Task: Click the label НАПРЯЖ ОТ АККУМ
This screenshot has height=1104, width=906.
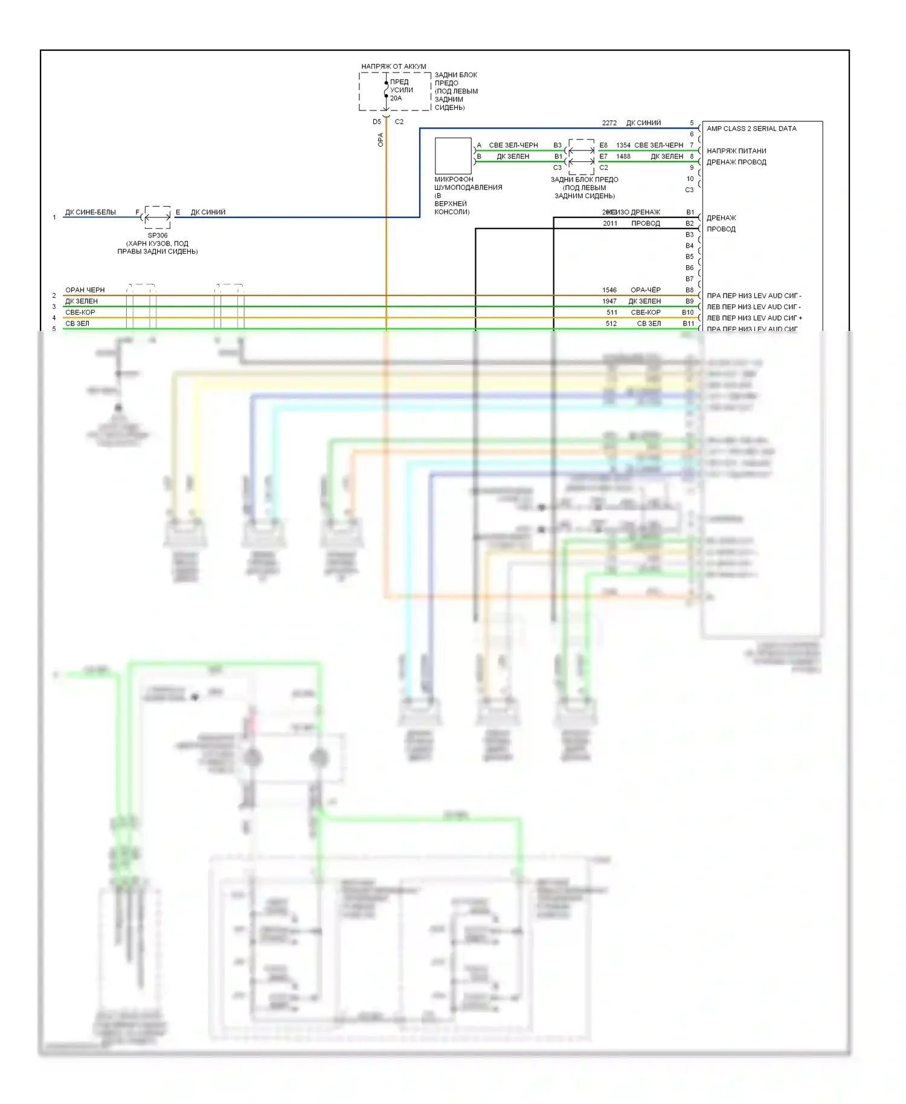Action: tap(393, 66)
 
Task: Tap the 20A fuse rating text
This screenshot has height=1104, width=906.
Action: tap(396, 98)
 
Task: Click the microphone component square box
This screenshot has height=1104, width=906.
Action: tap(453, 156)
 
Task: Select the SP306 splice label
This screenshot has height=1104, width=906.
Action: tap(157, 236)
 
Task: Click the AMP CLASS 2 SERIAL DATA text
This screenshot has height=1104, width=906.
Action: tap(751, 129)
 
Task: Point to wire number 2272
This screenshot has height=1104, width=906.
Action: tap(609, 123)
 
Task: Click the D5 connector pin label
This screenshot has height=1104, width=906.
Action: tap(377, 122)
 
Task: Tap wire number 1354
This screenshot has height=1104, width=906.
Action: tap(623, 146)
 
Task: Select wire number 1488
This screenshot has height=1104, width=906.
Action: tap(623, 156)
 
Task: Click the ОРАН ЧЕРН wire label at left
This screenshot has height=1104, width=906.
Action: tap(85, 290)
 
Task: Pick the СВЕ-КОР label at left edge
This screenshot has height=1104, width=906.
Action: tap(80, 312)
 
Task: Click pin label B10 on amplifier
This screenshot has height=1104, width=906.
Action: tap(687, 312)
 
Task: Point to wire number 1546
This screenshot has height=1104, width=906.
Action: tap(609, 290)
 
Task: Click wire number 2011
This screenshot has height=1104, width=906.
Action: tap(610, 223)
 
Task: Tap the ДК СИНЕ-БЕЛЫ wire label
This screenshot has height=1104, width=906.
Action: tap(90, 213)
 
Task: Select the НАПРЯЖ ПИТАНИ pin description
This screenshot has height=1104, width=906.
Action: tap(736, 151)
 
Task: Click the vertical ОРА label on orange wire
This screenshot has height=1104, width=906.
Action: tap(381, 140)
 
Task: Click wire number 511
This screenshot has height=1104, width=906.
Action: tap(612, 312)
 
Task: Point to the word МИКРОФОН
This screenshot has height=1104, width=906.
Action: tap(454, 179)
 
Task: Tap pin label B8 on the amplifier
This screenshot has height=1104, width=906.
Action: tap(689, 290)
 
